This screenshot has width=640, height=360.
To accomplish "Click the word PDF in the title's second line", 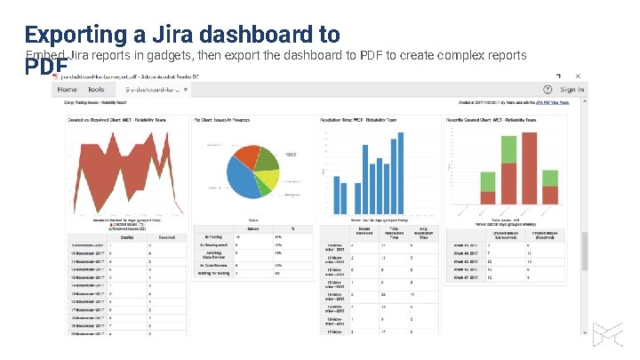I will click(47, 68).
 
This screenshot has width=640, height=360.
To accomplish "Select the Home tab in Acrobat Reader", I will click(68, 90).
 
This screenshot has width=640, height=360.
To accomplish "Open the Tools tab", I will click(96, 90).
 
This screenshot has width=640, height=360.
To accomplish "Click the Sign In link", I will click(572, 90).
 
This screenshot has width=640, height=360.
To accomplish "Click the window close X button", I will click(578, 76).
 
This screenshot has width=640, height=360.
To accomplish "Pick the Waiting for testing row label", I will click(213, 274).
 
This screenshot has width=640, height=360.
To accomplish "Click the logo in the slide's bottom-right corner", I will click(609, 336).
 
